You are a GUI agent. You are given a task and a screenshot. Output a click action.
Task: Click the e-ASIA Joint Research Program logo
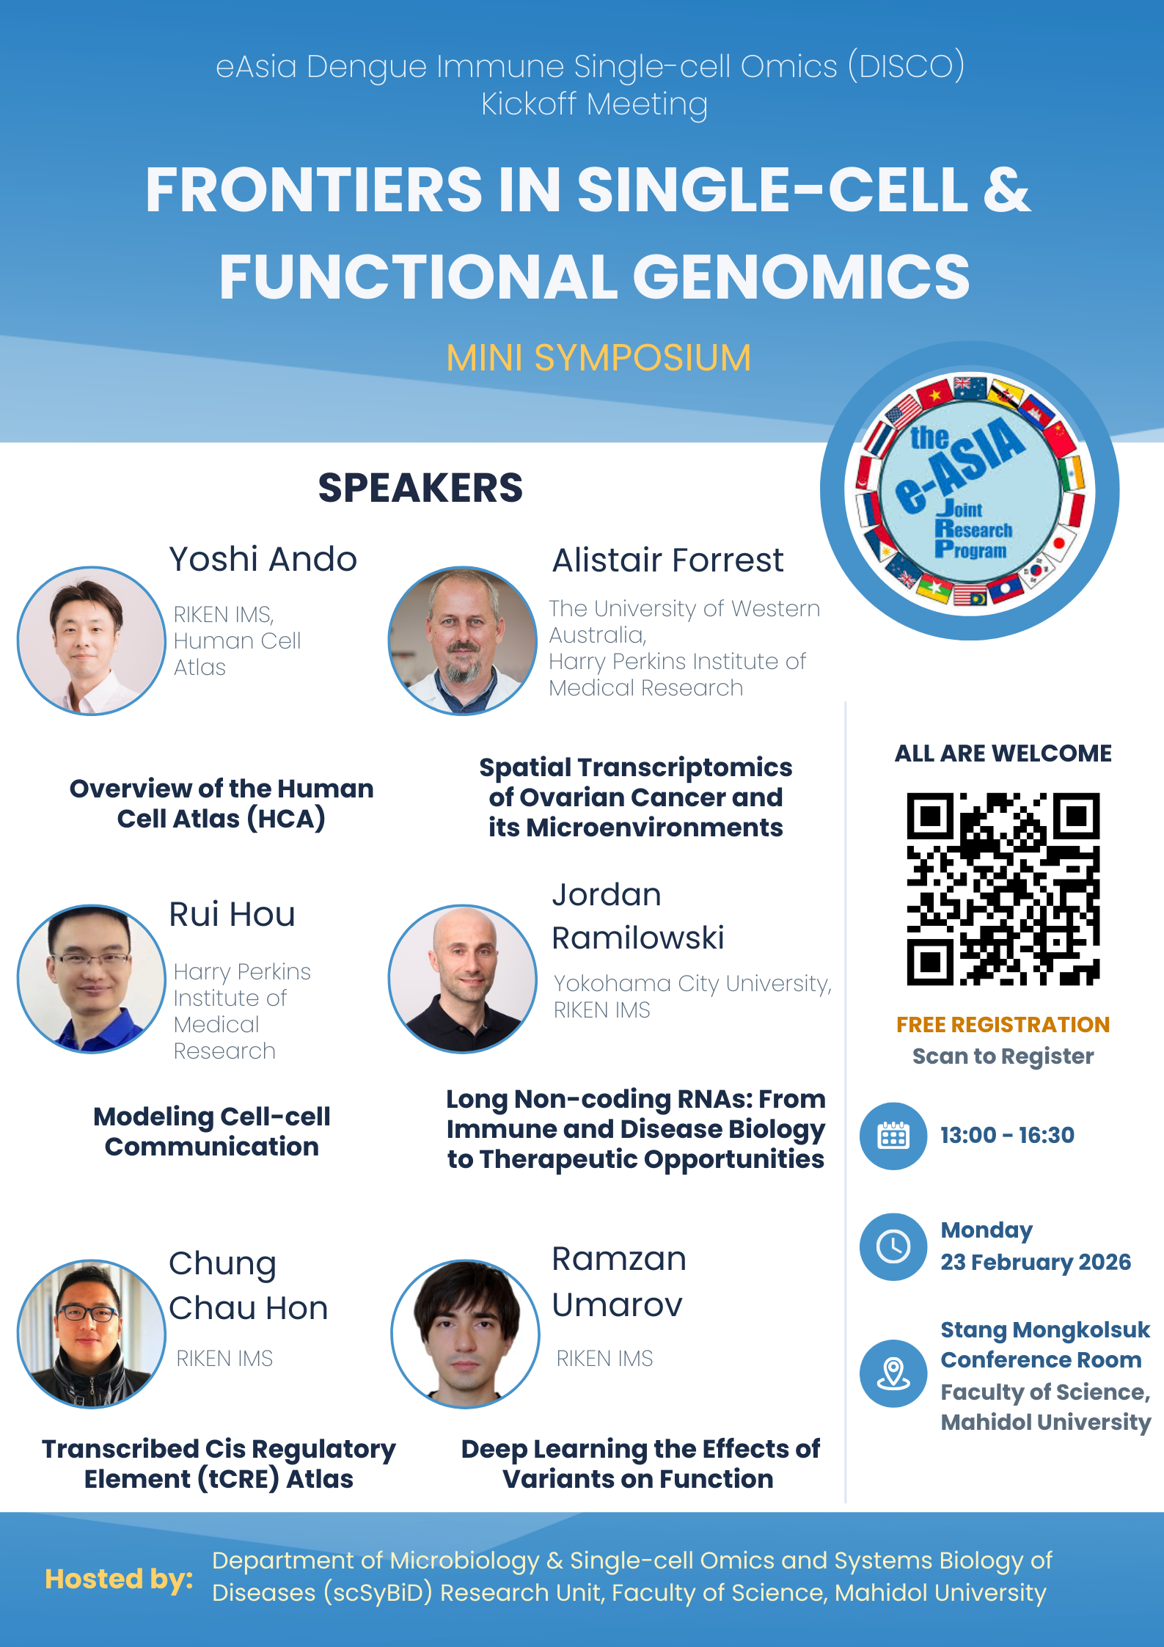970,490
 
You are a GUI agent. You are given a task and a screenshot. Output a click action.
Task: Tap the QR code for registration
1003,888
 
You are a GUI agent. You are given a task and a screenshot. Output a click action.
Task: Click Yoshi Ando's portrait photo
91,640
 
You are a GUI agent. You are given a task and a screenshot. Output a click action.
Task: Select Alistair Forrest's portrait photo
463,640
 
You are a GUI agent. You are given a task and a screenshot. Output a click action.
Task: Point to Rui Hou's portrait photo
91,979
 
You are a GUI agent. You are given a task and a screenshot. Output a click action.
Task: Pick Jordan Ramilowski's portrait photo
463,979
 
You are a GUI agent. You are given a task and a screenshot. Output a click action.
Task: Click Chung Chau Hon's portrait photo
91,1334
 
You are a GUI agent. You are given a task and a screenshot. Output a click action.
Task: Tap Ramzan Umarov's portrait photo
466,1334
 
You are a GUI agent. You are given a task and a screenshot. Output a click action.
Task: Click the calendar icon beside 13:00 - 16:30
893,1136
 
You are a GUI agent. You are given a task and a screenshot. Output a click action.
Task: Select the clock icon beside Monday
893,1246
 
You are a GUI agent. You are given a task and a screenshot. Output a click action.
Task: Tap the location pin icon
893,1373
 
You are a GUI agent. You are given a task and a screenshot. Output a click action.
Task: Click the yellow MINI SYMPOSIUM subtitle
599,358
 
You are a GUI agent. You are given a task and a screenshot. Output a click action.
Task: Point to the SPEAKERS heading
420,488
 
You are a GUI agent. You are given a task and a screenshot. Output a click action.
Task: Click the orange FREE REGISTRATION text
1003,1024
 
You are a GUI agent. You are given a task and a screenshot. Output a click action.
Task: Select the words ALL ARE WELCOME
1003,753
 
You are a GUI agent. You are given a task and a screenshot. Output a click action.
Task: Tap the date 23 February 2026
1036,1262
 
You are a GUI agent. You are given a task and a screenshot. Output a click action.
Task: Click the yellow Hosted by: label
119,1579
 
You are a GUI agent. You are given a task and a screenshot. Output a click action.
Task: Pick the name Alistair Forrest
667,560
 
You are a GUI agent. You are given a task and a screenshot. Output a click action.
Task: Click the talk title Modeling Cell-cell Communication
212,1131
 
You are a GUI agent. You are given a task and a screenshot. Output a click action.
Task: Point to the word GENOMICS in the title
801,277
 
